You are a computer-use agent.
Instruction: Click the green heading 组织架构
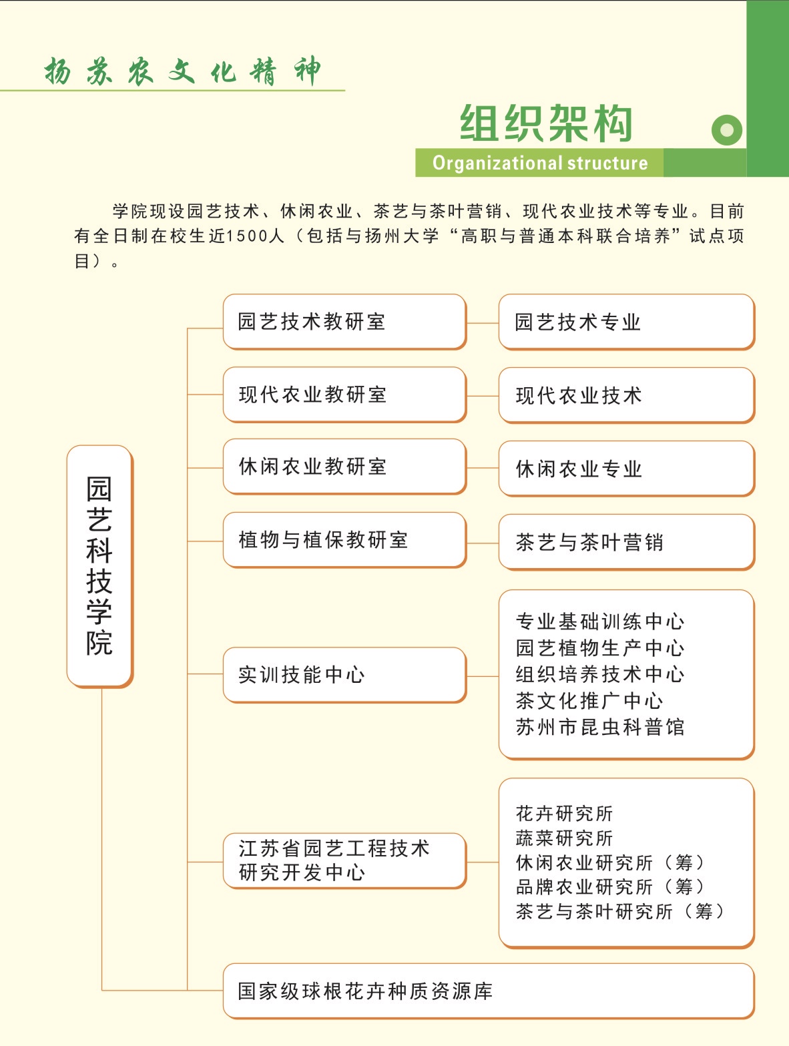click(546, 123)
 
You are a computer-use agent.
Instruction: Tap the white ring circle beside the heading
click(726, 129)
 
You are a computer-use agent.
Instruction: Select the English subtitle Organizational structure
click(540, 163)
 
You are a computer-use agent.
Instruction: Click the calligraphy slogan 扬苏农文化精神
click(182, 71)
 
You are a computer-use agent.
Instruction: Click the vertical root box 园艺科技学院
click(100, 566)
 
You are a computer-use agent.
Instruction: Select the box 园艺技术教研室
click(344, 322)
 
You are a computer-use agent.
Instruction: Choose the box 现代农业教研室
click(344, 395)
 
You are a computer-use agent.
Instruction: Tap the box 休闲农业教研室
click(344, 467)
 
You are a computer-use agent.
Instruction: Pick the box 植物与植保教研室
click(344, 540)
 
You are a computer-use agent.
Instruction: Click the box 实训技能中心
click(344, 675)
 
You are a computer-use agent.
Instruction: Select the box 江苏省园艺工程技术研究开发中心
click(344, 861)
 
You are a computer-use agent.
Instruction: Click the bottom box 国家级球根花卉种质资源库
click(489, 991)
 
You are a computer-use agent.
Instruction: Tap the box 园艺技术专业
click(627, 322)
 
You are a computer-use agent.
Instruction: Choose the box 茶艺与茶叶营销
click(627, 542)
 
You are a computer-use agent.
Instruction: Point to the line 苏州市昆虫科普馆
click(600, 727)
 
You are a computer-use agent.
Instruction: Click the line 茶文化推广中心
click(589, 701)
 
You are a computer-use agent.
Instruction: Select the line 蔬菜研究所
click(564, 838)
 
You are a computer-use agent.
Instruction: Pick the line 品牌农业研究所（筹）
click(610, 887)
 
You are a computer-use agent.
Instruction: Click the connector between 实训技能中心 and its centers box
click(483, 676)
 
